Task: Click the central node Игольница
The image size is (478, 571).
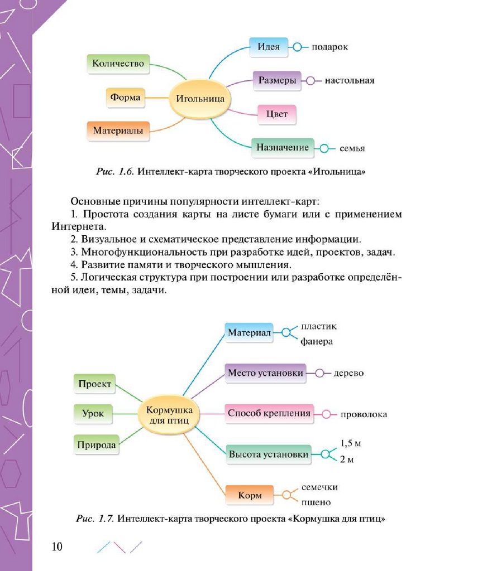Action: pyautogui.click(x=200, y=99)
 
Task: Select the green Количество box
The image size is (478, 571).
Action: pyautogui.click(x=118, y=64)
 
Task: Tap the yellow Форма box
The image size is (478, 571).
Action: pyautogui.click(x=125, y=97)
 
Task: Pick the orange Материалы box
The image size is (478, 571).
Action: pyautogui.click(x=118, y=131)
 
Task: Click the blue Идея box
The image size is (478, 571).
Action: pyautogui.click(x=269, y=47)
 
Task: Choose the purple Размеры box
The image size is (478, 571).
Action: pyautogui.click(x=277, y=80)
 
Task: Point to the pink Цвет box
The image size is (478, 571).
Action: pyautogui.click(x=277, y=114)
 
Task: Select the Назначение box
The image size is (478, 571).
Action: pyautogui.click(x=283, y=148)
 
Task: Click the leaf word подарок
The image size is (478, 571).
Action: pyautogui.click(x=329, y=47)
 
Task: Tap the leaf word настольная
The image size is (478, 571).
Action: pyautogui.click(x=349, y=80)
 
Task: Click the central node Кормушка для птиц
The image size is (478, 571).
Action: pyautogui.click(x=169, y=414)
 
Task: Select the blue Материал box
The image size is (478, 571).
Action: pyautogui.click(x=249, y=332)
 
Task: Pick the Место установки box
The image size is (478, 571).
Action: pyautogui.click(x=266, y=373)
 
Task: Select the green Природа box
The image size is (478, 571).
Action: pyautogui.click(x=97, y=444)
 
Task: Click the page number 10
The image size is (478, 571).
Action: pyautogui.click(x=56, y=546)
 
